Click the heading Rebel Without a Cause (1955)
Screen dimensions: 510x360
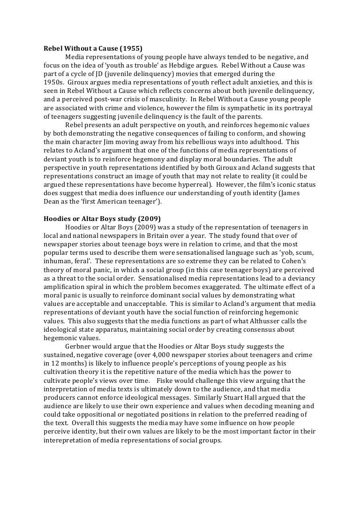tap(93, 48)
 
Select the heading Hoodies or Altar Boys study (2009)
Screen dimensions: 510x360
tap(102, 219)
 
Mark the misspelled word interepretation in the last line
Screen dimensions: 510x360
tap(70, 440)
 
